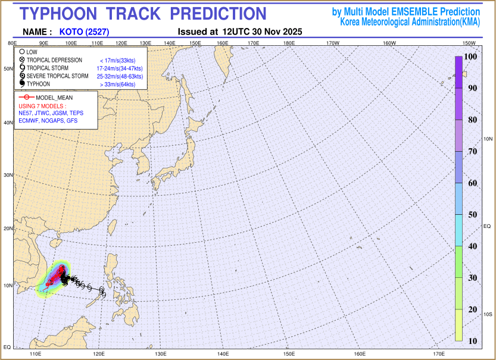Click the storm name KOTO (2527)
click(85, 32)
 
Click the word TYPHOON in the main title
click(64, 14)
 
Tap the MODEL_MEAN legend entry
click(54, 97)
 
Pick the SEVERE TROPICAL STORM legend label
click(57, 76)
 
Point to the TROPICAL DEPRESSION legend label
click(54, 60)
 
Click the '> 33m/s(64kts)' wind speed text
click(118, 84)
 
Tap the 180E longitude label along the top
click(290, 43)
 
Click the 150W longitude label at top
click(469, 43)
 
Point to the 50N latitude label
click(8, 69)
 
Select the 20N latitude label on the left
click(8, 228)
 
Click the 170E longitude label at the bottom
click(439, 355)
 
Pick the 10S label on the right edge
click(487, 314)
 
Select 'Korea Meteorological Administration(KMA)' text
click(410, 21)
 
